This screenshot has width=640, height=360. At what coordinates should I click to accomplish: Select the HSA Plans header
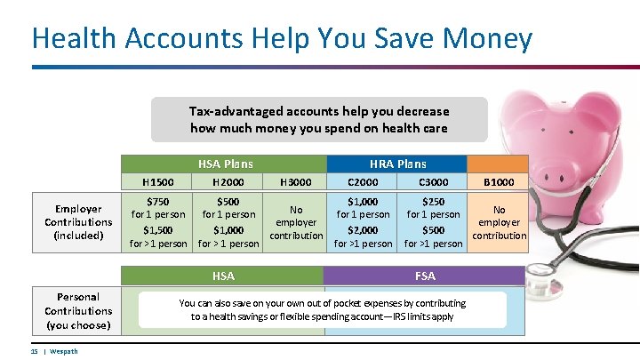224,164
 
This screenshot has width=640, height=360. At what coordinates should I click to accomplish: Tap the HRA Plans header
397,164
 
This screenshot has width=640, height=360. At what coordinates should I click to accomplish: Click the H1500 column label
158,182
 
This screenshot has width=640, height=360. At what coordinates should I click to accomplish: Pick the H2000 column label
228,182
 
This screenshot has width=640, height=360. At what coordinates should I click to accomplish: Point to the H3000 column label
295,182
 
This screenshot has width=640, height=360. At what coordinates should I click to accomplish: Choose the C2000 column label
363,182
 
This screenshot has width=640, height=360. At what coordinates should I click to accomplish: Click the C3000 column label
434,182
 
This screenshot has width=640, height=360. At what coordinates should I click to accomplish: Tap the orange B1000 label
498,182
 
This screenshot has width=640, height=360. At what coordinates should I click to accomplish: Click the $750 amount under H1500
158,202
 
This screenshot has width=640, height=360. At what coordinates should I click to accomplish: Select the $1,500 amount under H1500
158,229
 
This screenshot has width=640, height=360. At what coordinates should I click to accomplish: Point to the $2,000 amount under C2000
363,229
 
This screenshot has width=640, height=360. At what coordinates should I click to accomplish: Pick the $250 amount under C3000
434,202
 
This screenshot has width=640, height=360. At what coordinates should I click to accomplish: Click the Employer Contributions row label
78,221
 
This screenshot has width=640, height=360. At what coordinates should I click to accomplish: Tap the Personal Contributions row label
78,310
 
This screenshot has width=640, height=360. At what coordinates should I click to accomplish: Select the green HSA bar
224,276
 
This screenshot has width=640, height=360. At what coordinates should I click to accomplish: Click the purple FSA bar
425,276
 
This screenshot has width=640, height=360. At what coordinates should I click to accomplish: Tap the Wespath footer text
63,351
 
